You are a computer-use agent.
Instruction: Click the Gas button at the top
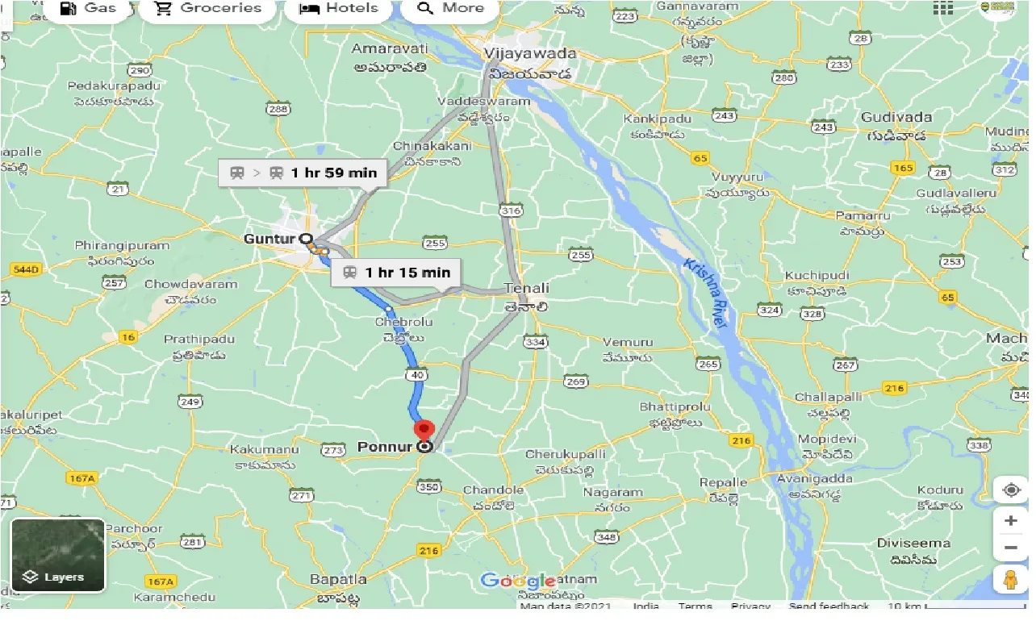[x=89, y=9]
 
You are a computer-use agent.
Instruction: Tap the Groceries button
[x=209, y=9]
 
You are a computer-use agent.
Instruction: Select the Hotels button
[x=338, y=9]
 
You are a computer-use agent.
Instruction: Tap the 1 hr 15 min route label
[x=396, y=273]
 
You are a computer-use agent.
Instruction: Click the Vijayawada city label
[x=530, y=54]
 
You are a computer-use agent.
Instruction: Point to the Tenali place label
[x=526, y=288]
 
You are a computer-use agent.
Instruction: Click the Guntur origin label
[x=270, y=239]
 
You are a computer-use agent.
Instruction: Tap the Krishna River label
[x=704, y=293]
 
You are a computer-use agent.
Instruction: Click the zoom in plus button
[x=1010, y=521]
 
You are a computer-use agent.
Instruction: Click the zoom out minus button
[x=1010, y=548]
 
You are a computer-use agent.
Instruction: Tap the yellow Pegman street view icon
[x=1010, y=580]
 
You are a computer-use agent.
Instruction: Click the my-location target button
[x=1010, y=490]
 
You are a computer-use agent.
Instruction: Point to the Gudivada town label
[x=896, y=118]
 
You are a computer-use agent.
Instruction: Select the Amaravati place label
[x=388, y=50]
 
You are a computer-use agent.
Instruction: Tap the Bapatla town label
[x=338, y=579]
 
